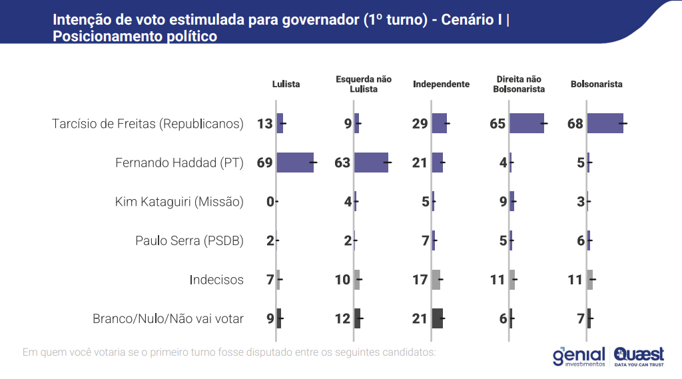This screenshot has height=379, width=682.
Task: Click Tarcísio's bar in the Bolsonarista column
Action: point(605,123)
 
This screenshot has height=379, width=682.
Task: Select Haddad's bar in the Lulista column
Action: point(295,163)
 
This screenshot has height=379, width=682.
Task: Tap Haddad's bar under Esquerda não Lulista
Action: point(372,163)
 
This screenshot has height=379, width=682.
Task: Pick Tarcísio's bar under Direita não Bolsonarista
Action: point(527,123)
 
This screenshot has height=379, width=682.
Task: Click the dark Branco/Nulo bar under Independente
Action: point(438,318)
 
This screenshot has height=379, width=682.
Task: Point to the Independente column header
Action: point(441,84)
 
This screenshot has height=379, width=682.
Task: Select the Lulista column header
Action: point(286,84)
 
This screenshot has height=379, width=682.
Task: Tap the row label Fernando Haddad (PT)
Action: point(179,163)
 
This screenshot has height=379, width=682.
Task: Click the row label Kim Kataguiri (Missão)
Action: point(179,202)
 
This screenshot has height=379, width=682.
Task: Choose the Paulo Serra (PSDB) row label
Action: point(189,240)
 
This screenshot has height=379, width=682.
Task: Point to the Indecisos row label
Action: point(216,280)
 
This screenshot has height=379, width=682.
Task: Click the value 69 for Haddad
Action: point(265,163)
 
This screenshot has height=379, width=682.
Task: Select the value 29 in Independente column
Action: point(420,123)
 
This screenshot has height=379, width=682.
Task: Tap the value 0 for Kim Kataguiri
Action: point(270,202)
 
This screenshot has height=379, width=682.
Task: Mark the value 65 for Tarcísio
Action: point(498,123)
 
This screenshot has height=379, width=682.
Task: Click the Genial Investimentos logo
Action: point(578,356)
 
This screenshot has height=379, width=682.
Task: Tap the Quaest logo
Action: point(639,356)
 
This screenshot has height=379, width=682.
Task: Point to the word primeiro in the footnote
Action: point(169,351)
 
